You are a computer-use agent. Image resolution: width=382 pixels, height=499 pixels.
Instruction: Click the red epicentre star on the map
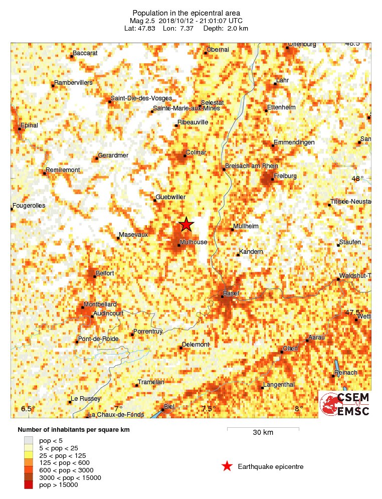[x=186, y=224]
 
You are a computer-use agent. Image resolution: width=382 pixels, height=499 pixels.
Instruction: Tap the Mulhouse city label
[x=193, y=242]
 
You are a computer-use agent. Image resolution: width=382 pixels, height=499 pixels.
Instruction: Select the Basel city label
[x=231, y=293]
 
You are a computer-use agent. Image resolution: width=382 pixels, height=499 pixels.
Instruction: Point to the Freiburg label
[x=285, y=176]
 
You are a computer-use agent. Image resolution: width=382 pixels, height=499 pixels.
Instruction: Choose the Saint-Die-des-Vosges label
[x=141, y=98]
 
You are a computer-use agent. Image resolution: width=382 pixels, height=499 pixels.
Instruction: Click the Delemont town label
[x=195, y=345]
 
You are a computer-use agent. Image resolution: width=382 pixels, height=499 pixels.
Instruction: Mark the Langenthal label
[x=278, y=385]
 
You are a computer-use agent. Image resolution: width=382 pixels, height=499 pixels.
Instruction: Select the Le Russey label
[x=86, y=399]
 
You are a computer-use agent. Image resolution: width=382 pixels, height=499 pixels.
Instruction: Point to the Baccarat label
[x=85, y=53]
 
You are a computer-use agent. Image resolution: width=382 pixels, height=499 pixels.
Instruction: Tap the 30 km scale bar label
[x=263, y=433]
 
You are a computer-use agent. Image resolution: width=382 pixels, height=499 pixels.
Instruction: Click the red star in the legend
[x=227, y=466]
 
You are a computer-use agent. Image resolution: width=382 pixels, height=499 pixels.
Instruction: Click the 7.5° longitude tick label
[x=208, y=409]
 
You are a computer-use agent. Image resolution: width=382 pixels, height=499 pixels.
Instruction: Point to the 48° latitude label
[x=357, y=178]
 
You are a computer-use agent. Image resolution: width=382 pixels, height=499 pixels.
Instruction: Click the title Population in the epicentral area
[x=186, y=13]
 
